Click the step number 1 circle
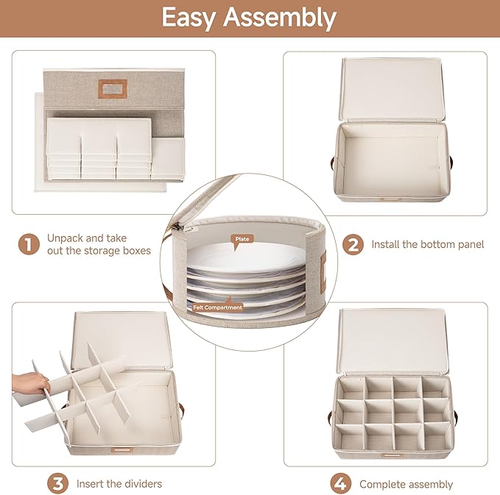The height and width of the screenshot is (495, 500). tap(29, 244)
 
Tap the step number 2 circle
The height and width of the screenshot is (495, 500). tap(353, 244)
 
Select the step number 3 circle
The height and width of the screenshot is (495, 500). tap(57, 483)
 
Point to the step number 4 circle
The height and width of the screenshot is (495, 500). tap(340, 483)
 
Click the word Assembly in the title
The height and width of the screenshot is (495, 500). tap(280, 18)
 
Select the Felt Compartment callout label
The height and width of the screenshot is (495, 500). tap(218, 307)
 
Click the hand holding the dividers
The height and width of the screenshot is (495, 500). tap(29, 383)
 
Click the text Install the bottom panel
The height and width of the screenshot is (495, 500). tap(428, 244)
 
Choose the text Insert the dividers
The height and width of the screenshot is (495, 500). tap(119, 484)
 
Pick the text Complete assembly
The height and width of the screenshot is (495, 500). tap(406, 484)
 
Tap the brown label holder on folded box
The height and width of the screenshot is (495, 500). tap(112, 88)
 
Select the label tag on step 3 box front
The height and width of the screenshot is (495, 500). tap(122, 450)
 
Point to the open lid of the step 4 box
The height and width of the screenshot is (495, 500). tap(392, 341)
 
